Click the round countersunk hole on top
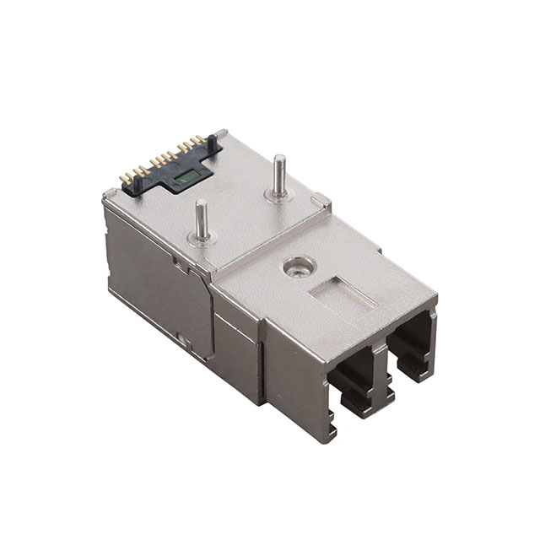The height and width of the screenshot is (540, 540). pos(296,267)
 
